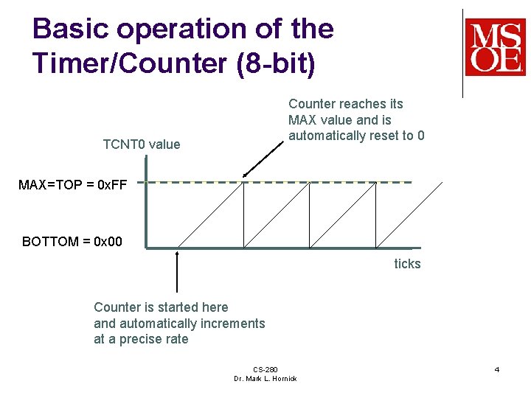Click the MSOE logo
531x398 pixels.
coord(495,47)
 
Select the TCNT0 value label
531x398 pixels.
coord(141,144)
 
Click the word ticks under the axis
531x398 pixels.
coord(407,264)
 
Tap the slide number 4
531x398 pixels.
coord(497,369)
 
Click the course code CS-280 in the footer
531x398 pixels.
coord(265,369)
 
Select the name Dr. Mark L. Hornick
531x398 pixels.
coord(265,378)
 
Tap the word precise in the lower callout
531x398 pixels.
coord(142,339)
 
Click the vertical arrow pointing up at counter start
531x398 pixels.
coord(177,273)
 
